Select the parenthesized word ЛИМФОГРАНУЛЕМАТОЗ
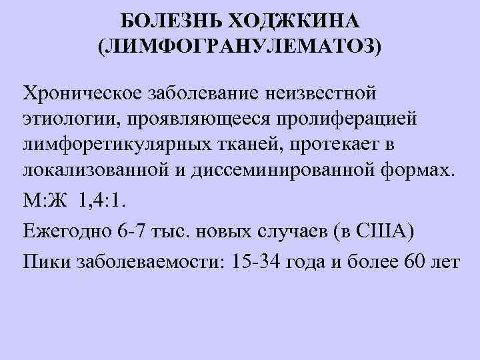[x=239, y=47]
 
